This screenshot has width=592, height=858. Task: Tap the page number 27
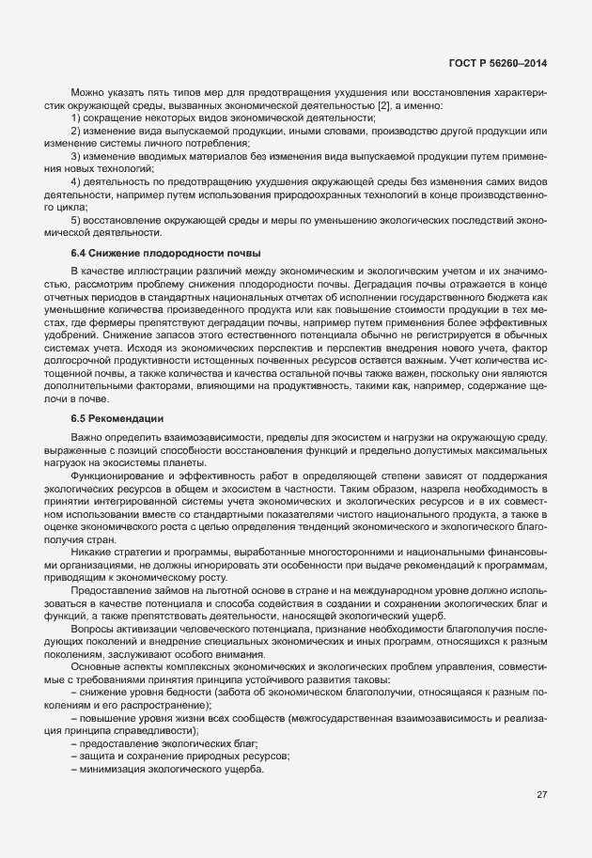pyautogui.click(x=541, y=794)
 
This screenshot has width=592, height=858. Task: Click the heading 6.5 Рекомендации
pyautogui.click(x=117, y=417)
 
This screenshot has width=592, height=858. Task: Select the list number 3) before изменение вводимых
pyautogui.click(x=77, y=154)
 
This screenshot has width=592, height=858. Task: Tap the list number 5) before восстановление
pyautogui.click(x=77, y=219)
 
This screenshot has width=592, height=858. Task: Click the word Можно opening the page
pyautogui.click(x=89, y=92)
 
